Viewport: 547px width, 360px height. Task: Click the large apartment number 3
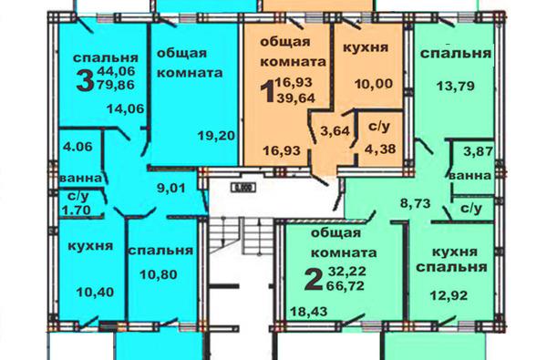(85, 80)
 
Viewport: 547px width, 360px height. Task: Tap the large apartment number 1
(267, 92)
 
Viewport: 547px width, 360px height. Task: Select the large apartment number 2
(313, 280)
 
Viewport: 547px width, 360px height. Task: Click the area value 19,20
(216, 136)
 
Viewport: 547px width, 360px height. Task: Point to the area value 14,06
(126, 108)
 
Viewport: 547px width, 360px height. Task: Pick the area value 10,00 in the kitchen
(374, 84)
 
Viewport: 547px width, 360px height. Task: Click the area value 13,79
(456, 86)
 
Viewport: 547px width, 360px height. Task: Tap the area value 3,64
(335, 131)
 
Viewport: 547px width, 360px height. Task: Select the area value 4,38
(380, 149)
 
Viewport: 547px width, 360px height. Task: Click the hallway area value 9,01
(171, 189)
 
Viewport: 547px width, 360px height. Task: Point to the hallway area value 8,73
(415, 203)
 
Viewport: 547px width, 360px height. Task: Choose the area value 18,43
(309, 311)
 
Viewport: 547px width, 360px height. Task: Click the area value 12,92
(449, 296)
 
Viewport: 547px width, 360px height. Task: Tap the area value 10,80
(159, 275)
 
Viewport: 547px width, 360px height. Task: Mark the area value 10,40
(95, 293)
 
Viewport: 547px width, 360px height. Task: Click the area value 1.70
(76, 210)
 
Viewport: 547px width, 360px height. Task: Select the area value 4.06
(77, 147)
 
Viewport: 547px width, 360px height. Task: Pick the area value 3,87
(479, 151)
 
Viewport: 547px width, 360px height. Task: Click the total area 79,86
(116, 85)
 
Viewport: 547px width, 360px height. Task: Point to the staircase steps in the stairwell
(240, 236)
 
